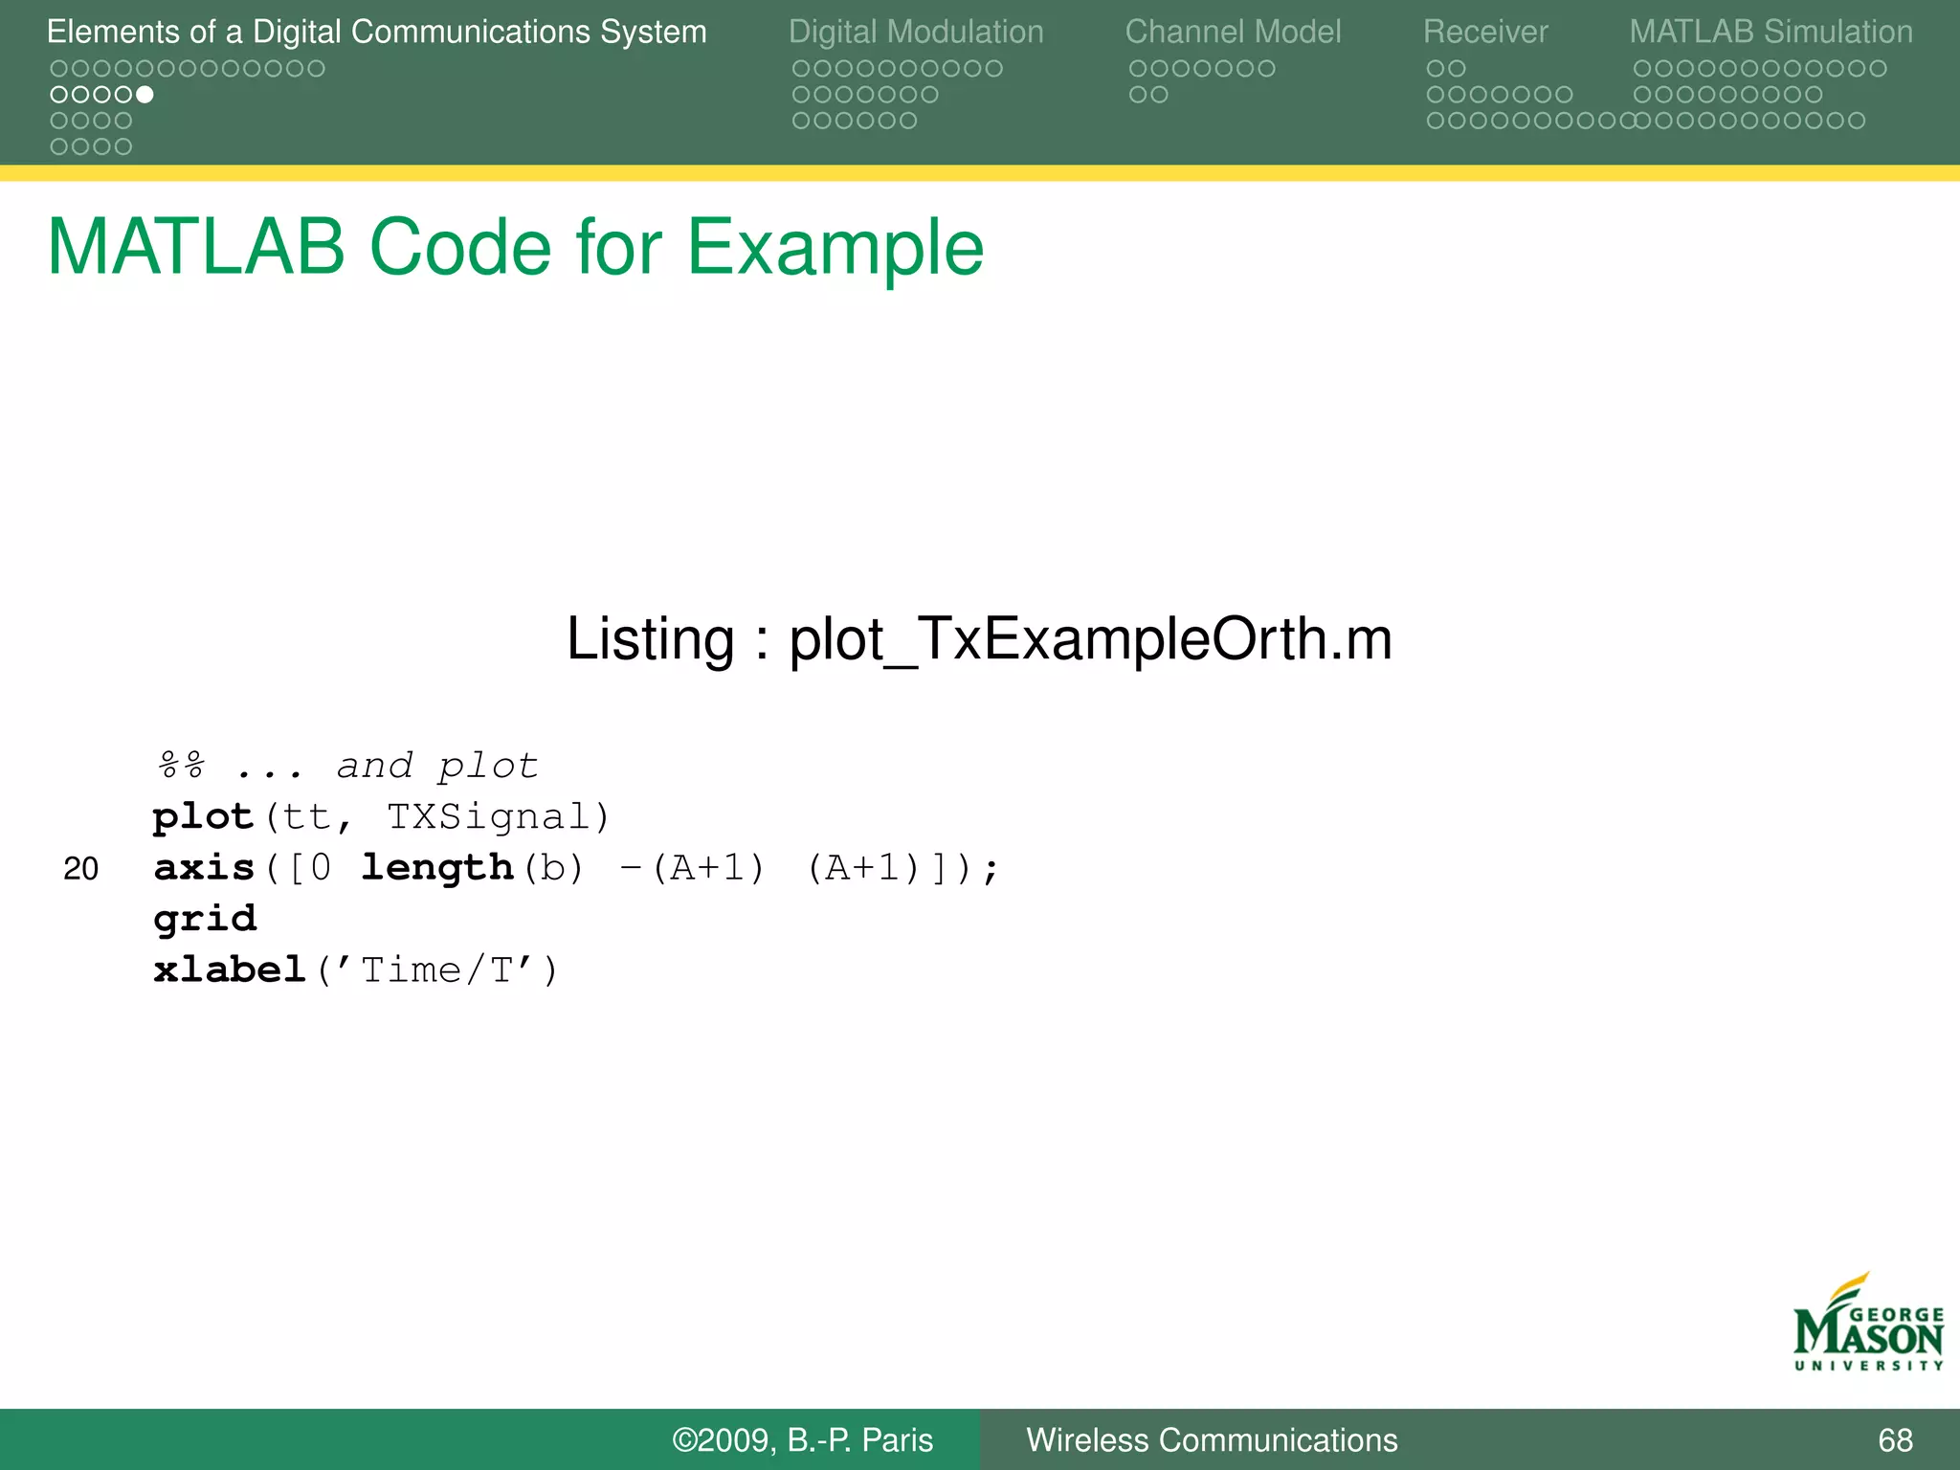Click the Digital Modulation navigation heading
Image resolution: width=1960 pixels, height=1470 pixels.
point(916,32)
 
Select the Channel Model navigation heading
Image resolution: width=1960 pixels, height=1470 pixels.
point(1233,32)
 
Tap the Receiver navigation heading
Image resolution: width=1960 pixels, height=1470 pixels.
point(1484,32)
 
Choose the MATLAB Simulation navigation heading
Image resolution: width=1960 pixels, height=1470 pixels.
point(1771,32)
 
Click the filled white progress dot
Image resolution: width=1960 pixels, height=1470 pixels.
point(145,95)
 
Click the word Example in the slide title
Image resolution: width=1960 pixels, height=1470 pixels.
point(835,249)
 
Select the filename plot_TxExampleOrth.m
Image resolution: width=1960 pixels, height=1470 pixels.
point(1090,639)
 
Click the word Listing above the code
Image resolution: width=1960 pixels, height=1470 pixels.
point(650,639)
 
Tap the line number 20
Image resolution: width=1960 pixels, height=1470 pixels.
point(81,869)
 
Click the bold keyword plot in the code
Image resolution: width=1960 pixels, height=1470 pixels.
point(203,817)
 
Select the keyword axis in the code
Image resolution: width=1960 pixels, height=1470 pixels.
point(204,868)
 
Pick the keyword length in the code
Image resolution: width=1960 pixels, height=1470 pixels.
point(437,868)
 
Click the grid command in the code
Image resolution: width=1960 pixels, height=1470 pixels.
point(205,919)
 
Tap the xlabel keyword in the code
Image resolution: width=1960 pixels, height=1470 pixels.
point(230,970)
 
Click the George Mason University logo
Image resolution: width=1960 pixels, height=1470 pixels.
point(1868,1325)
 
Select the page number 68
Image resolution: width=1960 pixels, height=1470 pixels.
point(1895,1440)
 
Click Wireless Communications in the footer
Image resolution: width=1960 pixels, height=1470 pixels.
point(1212,1440)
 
